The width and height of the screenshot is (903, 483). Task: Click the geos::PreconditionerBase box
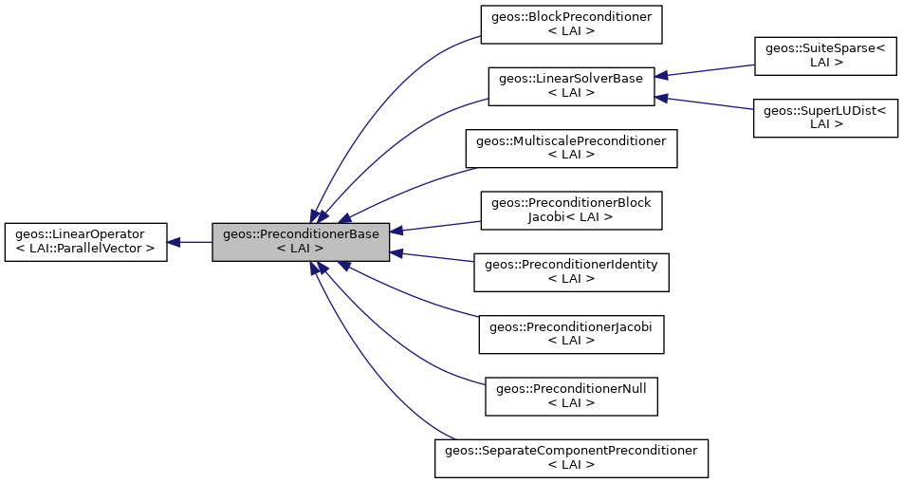[301, 242]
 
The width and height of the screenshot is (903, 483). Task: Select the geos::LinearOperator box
[85, 242]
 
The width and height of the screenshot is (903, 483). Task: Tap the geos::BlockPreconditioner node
[571, 25]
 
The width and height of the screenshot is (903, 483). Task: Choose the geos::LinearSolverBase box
[571, 85]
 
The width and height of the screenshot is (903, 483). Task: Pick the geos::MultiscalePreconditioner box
[571, 149]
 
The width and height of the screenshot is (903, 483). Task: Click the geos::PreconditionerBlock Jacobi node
[571, 211]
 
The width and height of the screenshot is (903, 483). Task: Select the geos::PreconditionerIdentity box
[571, 271]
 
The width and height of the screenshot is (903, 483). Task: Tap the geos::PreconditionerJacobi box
[571, 334]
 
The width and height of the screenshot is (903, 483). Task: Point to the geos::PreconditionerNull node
[571, 396]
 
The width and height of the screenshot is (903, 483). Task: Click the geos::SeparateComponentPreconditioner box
[571, 457]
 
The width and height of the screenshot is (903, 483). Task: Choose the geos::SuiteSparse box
[825, 55]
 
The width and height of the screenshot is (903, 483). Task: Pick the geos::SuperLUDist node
[825, 118]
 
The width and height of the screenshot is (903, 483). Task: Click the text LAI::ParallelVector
[85, 249]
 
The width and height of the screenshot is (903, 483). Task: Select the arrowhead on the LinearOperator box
[174, 242]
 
